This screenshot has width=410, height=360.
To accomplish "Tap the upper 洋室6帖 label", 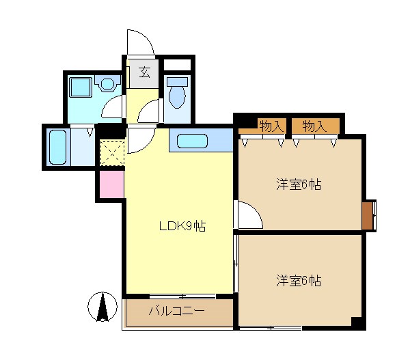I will pyautogui.click(x=299, y=184).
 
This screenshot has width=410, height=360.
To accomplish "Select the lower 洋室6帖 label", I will pyautogui.click(x=299, y=281).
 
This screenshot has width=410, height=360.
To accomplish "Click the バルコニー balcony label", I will pyautogui.click(x=177, y=311).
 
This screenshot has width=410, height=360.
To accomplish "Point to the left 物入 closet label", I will pyautogui.click(x=271, y=126).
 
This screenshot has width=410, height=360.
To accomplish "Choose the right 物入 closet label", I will pyautogui.click(x=314, y=126).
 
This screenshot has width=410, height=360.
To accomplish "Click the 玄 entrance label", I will pyautogui.click(x=144, y=72).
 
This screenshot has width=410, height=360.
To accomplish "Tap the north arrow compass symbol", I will pyautogui.click(x=102, y=306).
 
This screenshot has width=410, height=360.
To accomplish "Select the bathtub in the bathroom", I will pyautogui.click(x=58, y=146).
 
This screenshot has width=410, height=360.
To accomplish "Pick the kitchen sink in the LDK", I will pyautogui.click(x=193, y=141).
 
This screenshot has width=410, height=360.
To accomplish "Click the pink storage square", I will pyautogui.click(x=110, y=184).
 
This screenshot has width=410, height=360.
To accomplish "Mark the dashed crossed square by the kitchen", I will pyautogui.click(x=110, y=152).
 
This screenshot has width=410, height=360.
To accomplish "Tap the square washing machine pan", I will pyautogui.click(x=81, y=87).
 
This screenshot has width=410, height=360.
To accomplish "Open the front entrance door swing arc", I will pyautogui.click(x=140, y=42).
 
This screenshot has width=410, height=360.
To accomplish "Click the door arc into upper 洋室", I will pyautogui.click(x=249, y=216).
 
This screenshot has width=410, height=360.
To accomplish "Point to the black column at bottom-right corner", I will pyautogui.click(x=356, y=322).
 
